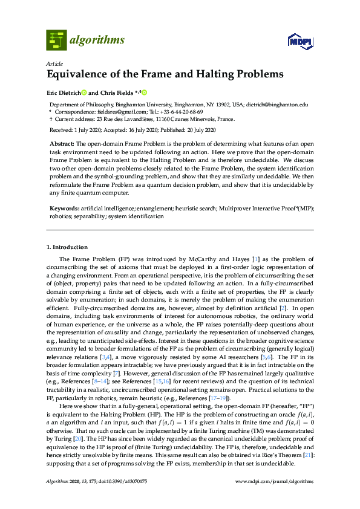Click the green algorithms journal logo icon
tap(56, 41)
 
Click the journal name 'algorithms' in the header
tap(97, 41)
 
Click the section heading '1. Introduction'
tap(67, 247)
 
